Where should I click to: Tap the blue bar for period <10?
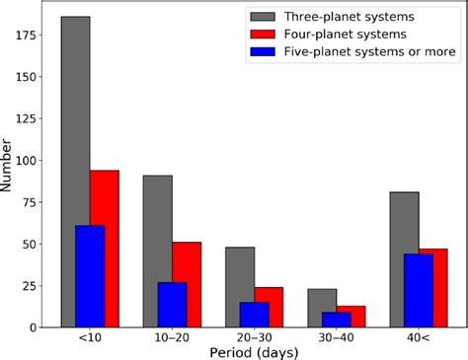tap(90, 276)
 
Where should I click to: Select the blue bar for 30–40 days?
tap(336, 320)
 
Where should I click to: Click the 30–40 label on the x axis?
tap(336, 338)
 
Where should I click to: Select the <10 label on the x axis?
tap(90, 338)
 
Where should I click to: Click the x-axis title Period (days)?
tap(255, 352)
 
